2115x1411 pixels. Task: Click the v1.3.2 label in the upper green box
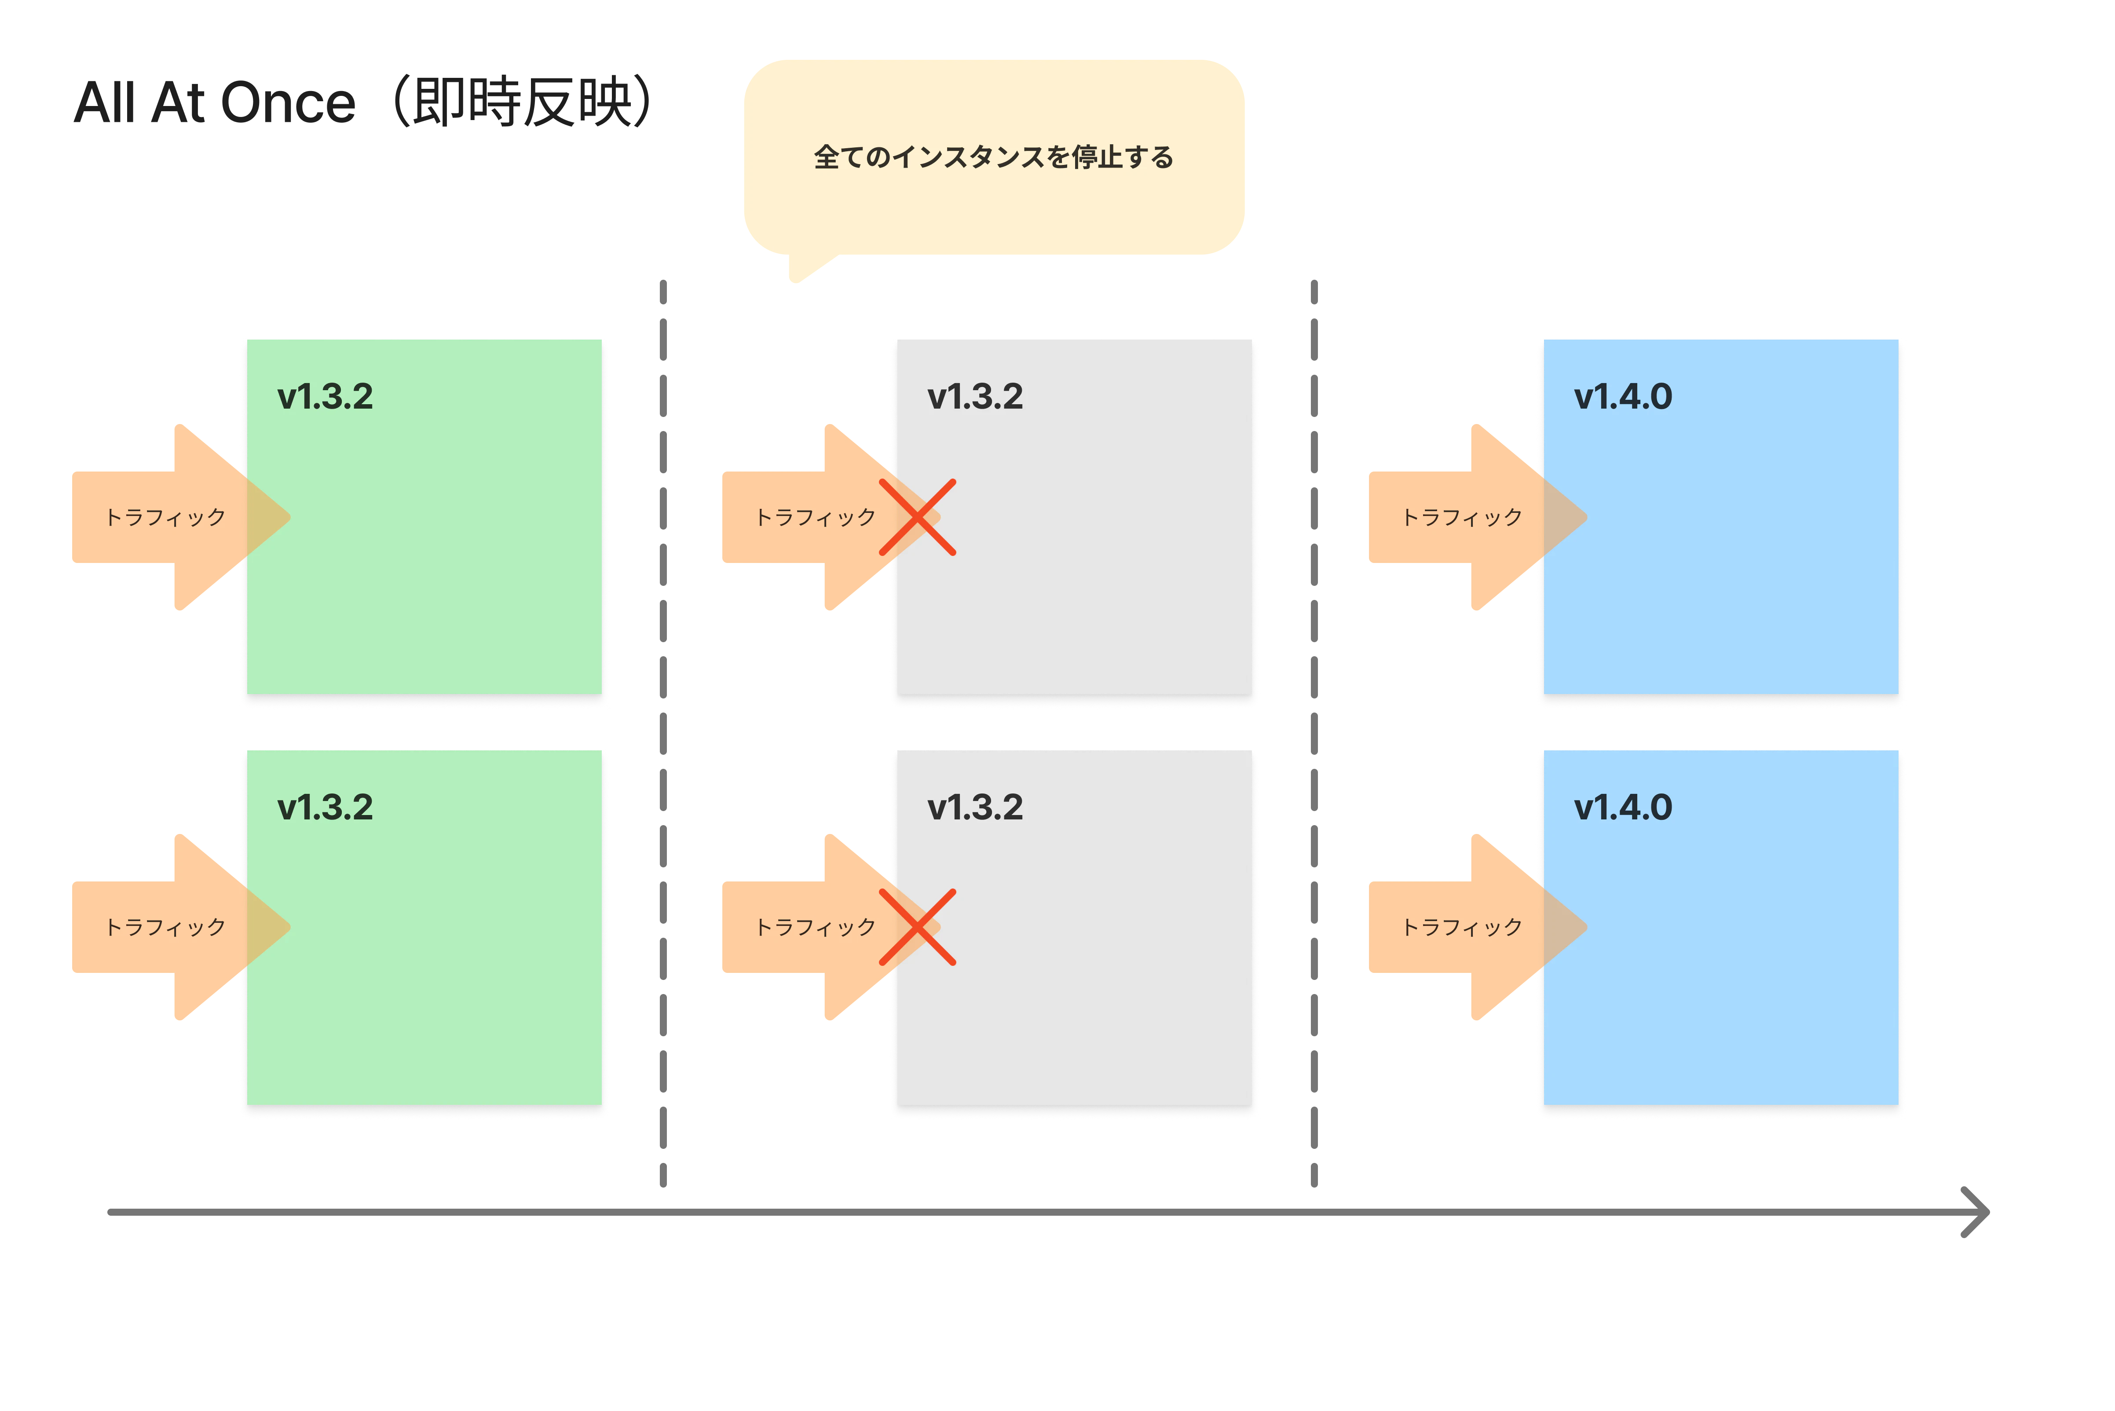325,397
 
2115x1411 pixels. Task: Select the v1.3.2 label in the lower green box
325,807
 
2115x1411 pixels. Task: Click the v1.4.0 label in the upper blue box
1623,397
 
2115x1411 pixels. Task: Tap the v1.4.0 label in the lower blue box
1623,807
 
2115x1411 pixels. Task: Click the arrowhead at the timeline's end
1987,1212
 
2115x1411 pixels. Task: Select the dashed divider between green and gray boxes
663,733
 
